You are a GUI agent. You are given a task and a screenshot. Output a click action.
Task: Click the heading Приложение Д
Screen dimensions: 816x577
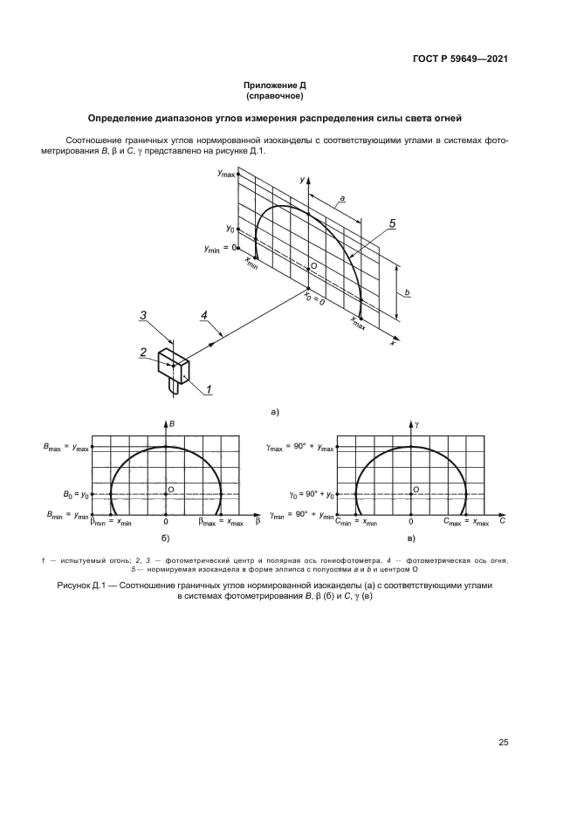275,85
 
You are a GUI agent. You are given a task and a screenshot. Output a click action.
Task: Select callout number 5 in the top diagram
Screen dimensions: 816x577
392,224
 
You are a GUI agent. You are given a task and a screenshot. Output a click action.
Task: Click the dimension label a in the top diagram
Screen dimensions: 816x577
343,199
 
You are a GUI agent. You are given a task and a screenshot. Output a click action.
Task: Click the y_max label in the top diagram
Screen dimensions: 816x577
227,175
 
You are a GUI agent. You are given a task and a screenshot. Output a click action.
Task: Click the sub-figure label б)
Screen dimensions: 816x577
166,540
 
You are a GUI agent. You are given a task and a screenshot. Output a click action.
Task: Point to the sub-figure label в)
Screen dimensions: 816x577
411,540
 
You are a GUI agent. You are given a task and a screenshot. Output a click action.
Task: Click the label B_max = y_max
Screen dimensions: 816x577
66,448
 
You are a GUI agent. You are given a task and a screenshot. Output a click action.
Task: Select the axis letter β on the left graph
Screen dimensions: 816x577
258,522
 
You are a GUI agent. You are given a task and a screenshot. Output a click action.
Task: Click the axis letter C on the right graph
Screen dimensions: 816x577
504,522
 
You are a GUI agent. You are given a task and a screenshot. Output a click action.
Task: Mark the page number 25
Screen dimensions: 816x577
503,743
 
